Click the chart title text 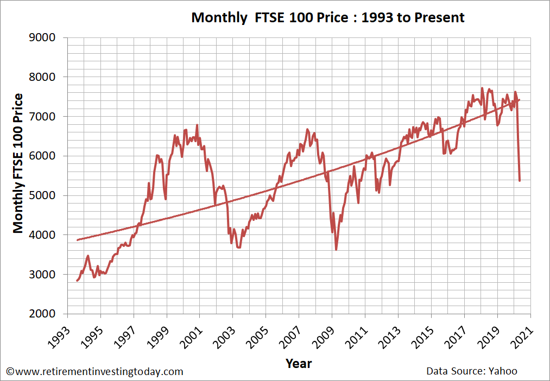tap(328, 17)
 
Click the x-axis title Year tap(299, 363)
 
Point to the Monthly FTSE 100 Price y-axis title tap(18, 163)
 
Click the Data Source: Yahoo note tap(472, 371)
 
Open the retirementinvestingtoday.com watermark tap(94, 372)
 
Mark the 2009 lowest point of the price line tap(336, 250)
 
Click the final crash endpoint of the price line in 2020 tap(520, 181)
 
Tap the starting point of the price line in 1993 tap(77, 281)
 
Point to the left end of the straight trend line tap(77, 240)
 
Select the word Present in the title tap(440, 17)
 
